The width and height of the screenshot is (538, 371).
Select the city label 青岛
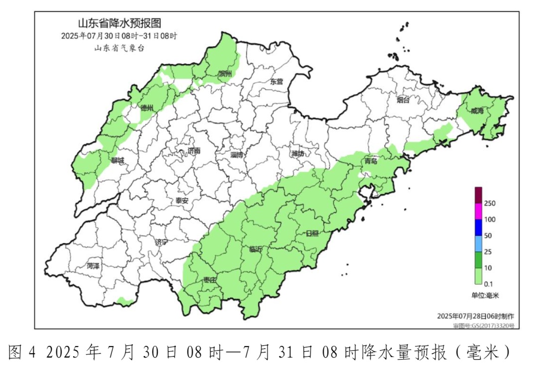[371, 161]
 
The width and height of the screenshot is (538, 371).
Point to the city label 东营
[276, 81]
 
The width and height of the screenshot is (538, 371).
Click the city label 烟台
[403, 100]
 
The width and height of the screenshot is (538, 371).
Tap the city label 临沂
[256, 249]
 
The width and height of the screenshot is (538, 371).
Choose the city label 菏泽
[93, 266]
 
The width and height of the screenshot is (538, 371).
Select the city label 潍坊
[297, 154]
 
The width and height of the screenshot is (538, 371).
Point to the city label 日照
[312, 233]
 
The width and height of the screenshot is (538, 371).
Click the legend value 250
[489, 203]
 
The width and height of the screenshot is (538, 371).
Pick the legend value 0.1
[488, 284]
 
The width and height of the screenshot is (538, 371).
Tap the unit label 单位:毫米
[485, 295]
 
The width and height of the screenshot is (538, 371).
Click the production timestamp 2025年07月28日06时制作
[475, 316]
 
